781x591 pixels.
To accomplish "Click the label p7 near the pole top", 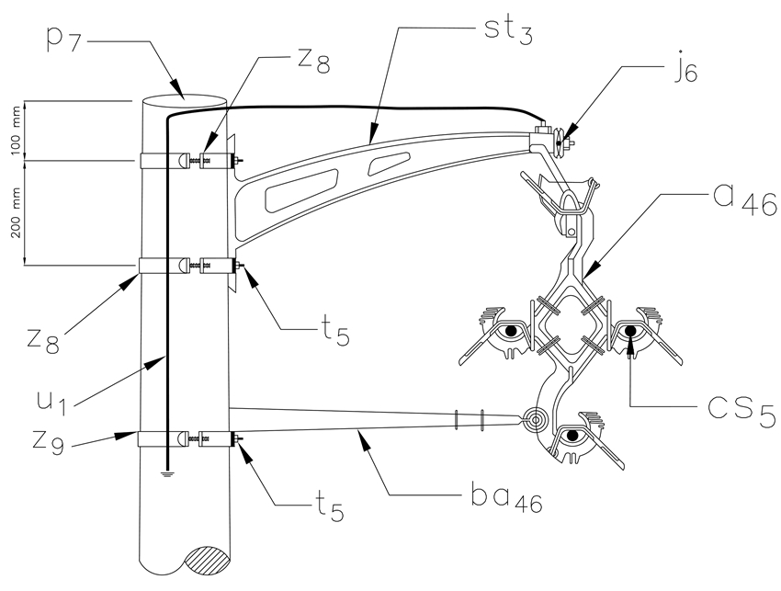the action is coord(63,40).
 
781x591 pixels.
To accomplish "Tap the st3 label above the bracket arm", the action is coord(508,29).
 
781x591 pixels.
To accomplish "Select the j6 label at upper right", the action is coord(686,72).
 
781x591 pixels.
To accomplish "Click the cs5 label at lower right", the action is coord(742,410).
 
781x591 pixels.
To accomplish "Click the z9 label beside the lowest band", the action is coord(49,442).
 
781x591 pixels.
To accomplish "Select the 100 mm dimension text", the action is coord(17,131).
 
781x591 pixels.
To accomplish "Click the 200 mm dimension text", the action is coord(17,213).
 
